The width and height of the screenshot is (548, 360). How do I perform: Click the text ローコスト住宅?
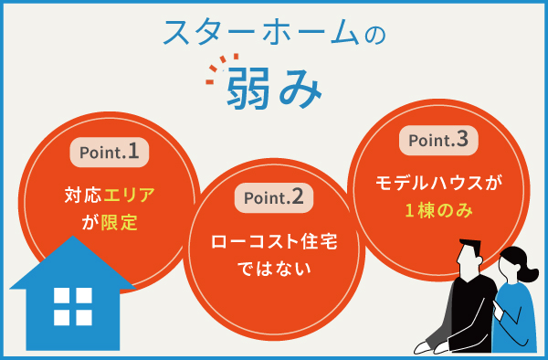(274, 243)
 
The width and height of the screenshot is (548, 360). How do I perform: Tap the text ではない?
(274, 270)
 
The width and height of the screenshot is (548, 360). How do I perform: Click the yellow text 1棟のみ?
(438, 211)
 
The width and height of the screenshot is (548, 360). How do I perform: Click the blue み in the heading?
(300, 86)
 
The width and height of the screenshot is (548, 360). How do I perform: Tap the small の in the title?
(373, 35)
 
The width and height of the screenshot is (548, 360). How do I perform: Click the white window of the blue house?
(72, 306)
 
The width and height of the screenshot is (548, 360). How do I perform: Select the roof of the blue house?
(72, 265)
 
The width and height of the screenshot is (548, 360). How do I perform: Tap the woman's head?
(512, 265)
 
